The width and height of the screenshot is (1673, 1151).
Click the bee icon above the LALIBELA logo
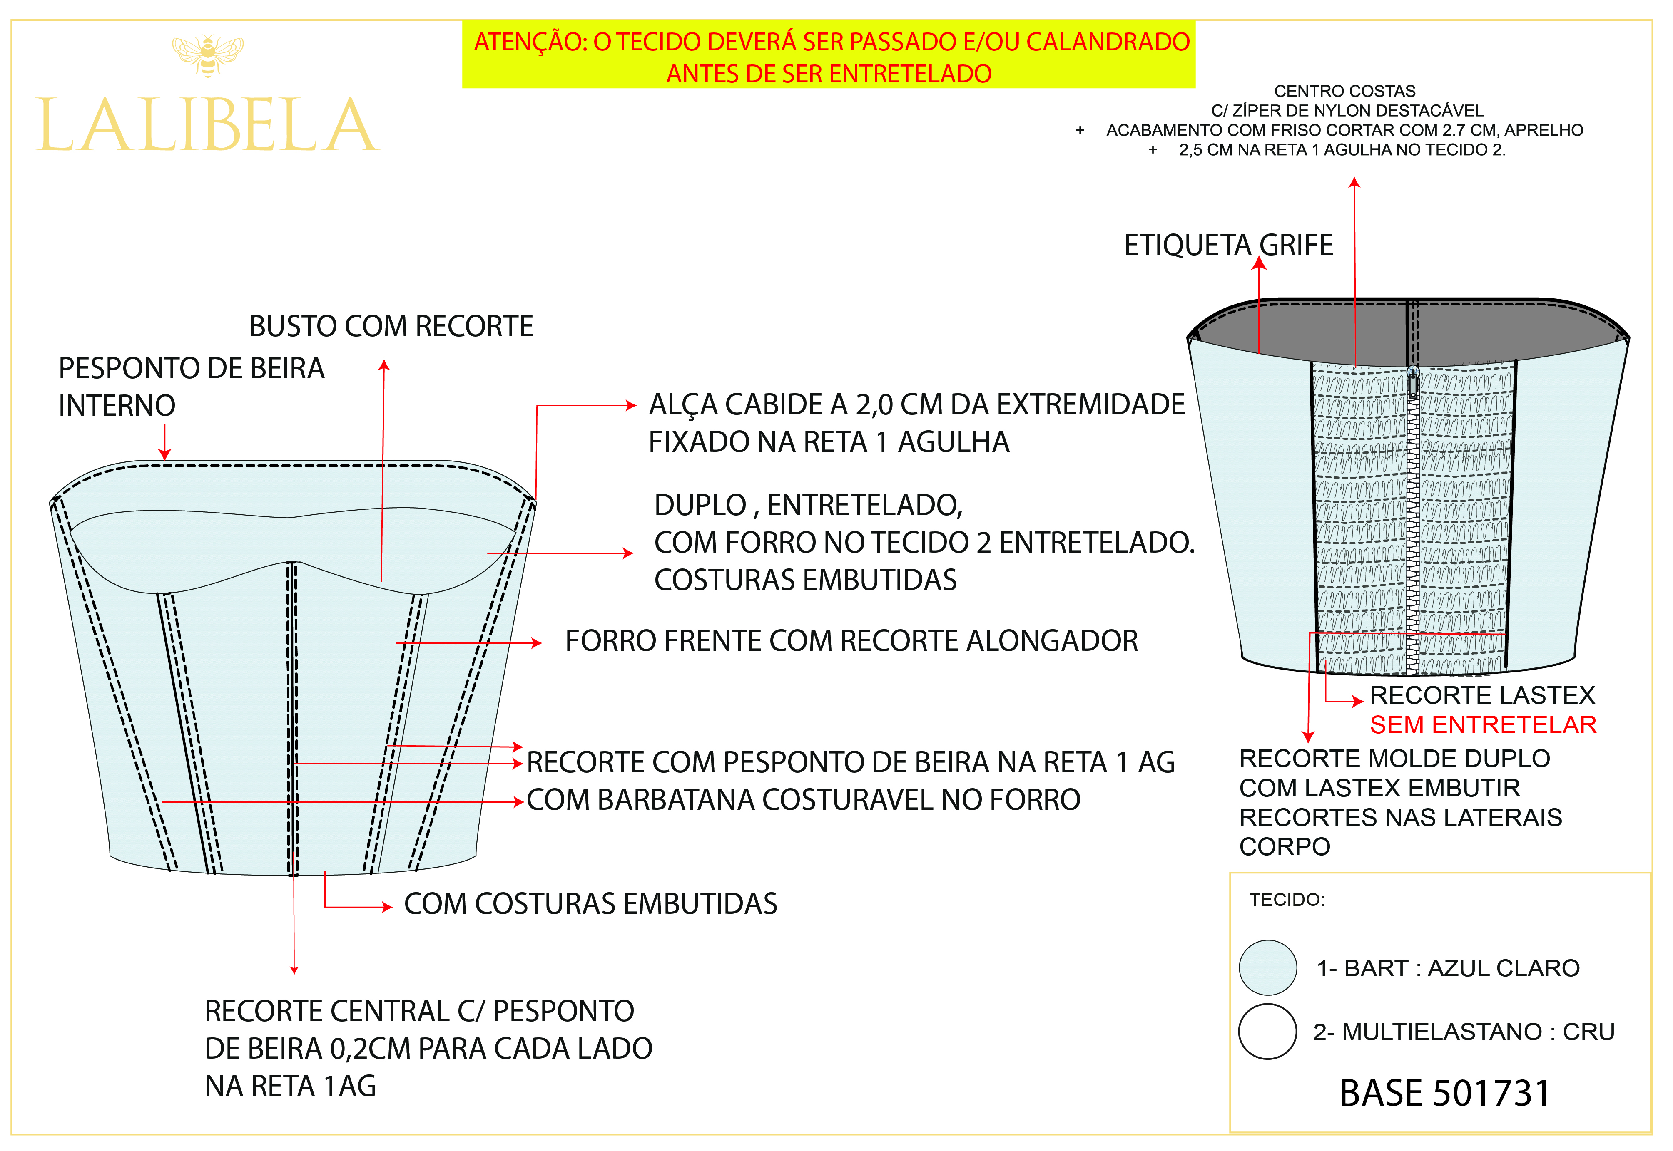(x=208, y=55)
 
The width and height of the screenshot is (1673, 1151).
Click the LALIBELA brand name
(x=208, y=126)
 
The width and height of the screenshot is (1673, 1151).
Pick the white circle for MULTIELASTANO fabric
(x=1267, y=1031)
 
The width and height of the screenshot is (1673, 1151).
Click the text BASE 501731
(x=1444, y=1093)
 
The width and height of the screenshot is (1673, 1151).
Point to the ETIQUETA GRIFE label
(x=1228, y=245)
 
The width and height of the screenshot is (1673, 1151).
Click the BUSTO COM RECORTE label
(x=391, y=326)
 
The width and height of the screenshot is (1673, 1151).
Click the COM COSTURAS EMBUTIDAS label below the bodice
(x=590, y=904)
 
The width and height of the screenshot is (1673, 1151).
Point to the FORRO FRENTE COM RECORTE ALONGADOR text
(x=851, y=640)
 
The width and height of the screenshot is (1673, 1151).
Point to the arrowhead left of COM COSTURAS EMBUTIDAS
(x=387, y=906)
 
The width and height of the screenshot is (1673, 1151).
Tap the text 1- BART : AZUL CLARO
(x=1448, y=968)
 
